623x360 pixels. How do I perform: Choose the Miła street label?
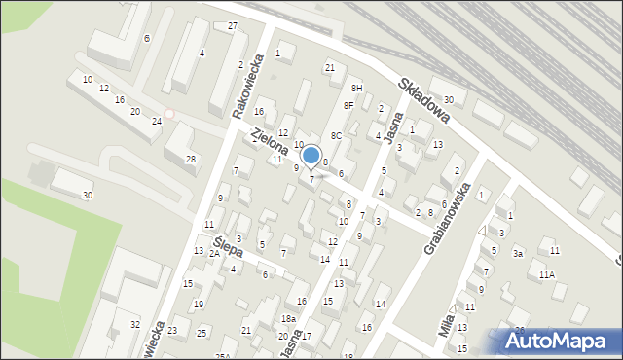[448, 320]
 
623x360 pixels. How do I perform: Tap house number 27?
[233, 25]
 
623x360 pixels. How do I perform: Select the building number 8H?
[356, 89]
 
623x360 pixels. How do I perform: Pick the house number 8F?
[348, 105]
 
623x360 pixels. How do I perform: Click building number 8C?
[335, 135]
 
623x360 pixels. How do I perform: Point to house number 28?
[191, 159]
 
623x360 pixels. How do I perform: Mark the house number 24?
[156, 121]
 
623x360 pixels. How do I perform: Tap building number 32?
[135, 324]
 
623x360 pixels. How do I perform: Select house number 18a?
[288, 319]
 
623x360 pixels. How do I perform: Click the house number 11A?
[547, 275]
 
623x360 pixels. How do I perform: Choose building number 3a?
[519, 254]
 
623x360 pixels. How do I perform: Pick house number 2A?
[214, 253]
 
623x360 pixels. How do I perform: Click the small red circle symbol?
[169, 114]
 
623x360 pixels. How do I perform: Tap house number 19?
[198, 305]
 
